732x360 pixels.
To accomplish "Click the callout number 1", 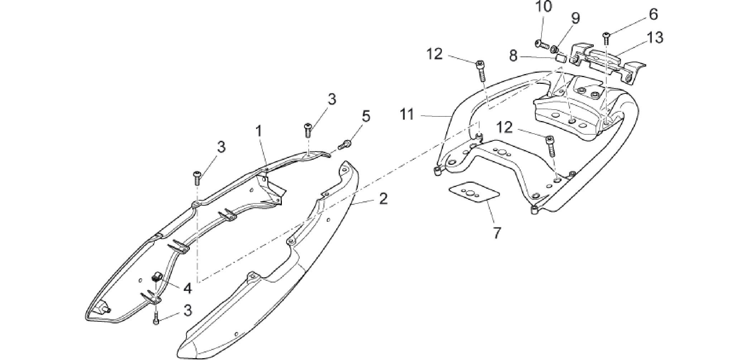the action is point(259,132).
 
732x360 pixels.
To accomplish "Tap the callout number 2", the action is point(383,198).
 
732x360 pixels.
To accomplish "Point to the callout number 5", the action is point(366,117).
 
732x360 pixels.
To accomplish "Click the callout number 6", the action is point(653,14).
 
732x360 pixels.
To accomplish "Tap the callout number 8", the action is point(514,56).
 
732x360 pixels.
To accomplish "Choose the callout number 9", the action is point(576,19).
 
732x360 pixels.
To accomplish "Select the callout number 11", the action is point(407,115).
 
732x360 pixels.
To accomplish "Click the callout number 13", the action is point(655,38).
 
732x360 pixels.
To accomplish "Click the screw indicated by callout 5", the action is point(345,145).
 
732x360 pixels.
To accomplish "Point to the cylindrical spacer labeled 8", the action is point(561,58).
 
